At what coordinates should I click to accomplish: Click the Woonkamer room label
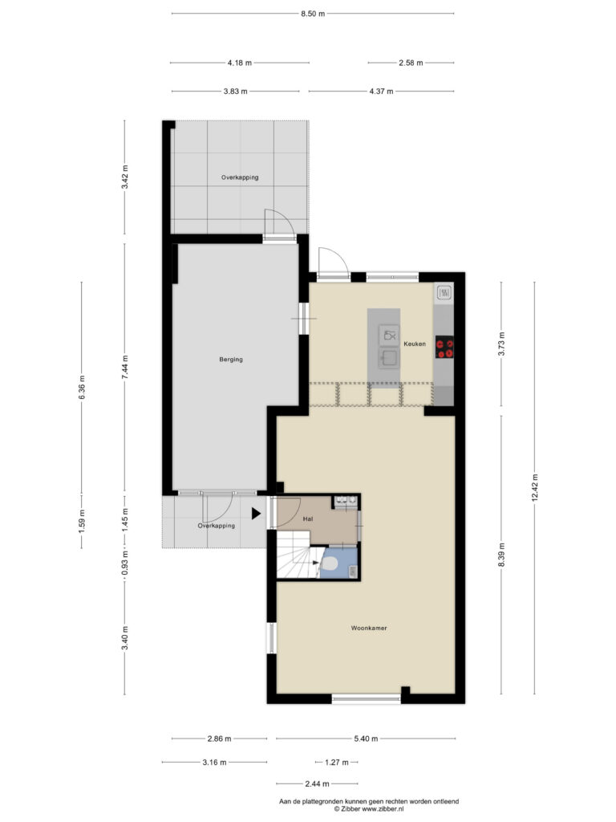369,628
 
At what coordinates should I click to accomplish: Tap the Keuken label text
415,344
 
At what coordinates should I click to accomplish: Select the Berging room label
231,359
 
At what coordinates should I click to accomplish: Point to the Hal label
308,519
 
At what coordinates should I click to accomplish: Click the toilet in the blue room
329,564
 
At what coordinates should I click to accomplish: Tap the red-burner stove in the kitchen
444,347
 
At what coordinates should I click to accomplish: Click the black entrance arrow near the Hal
256,514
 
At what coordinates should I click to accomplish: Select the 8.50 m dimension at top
313,14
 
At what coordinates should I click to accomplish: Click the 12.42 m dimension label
535,488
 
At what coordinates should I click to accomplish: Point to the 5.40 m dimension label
366,739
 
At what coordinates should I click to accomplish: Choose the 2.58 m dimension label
411,63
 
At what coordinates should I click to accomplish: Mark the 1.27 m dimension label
336,763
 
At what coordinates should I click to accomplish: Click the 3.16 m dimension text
214,763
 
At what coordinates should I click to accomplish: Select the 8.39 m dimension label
501,554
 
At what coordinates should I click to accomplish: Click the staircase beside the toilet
298,555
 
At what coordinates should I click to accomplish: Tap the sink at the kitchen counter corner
444,292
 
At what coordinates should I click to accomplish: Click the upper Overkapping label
240,177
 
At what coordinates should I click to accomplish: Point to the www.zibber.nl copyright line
369,809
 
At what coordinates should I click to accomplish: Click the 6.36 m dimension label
82,388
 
